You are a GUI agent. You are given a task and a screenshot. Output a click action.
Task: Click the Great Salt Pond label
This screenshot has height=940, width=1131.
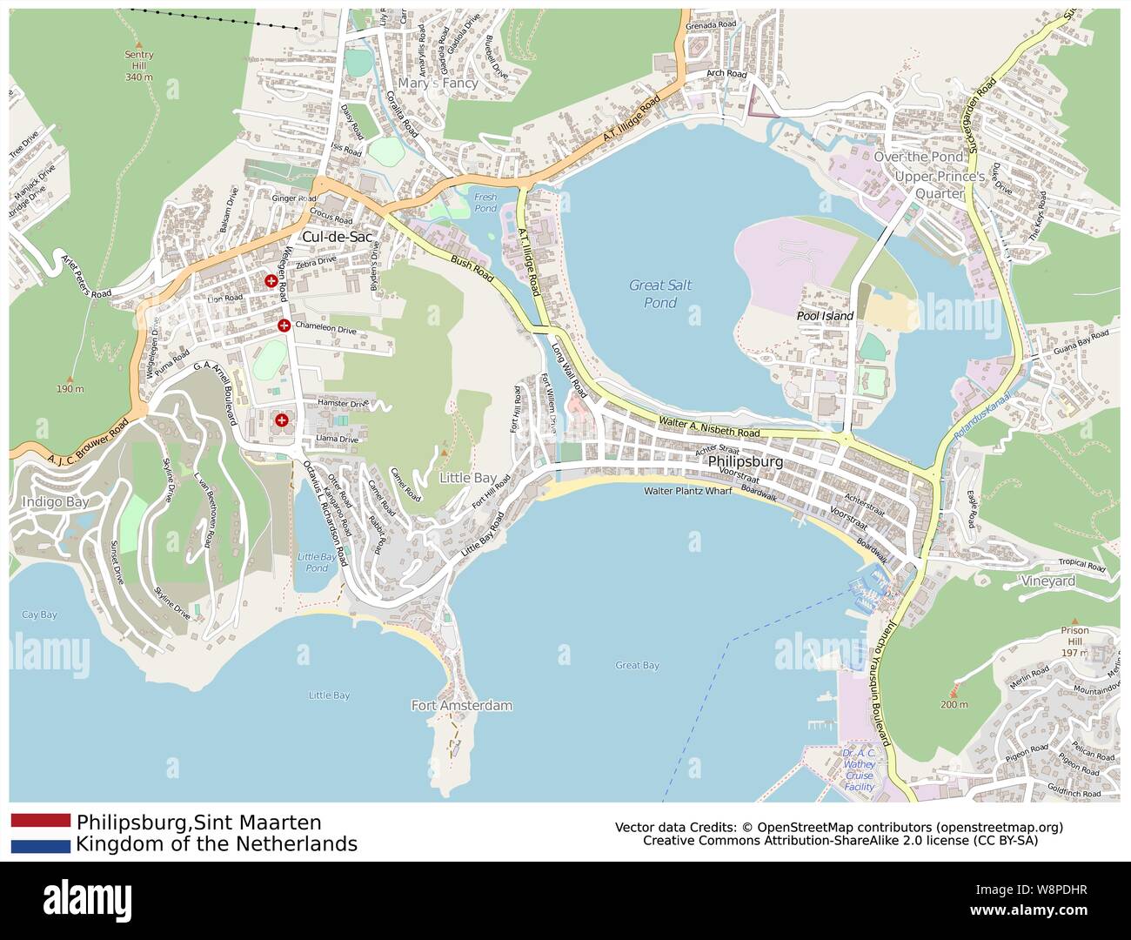pos(659,294)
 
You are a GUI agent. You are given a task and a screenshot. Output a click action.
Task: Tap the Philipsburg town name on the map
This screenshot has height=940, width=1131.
pos(746,461)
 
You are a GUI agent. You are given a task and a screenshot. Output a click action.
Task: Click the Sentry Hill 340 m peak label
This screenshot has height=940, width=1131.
pos(138,65)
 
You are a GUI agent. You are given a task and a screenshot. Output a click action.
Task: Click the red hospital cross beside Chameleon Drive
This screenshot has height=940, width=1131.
pos(284,326)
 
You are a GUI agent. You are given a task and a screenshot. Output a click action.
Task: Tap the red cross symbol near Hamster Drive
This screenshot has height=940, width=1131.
pos(281,420)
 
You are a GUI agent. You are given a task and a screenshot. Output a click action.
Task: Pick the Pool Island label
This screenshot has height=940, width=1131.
pos(825,316)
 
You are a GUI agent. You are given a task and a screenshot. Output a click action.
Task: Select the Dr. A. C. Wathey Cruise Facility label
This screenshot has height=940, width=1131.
pos(859,769)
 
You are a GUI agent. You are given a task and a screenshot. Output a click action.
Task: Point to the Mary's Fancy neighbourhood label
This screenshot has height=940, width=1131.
pos(438,83)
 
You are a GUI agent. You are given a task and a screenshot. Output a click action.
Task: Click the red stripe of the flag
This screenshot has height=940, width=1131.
pos(41,820)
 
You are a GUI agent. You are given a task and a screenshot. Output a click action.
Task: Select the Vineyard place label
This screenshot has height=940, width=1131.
pos(1047,581)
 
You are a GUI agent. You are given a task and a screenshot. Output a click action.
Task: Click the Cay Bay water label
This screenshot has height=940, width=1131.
pos(39,614)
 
